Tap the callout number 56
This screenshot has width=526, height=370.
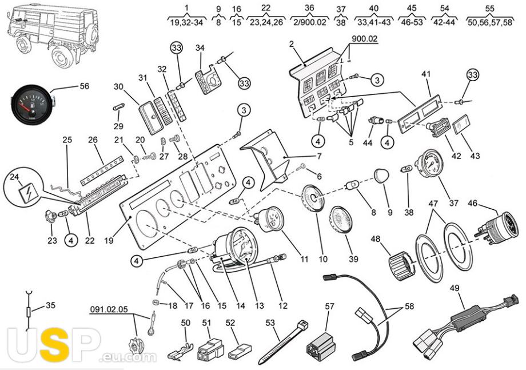(x=84, y=86)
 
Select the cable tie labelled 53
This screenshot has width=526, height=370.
(x=283, y=343)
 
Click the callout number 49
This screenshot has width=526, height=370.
(x=455, y=288)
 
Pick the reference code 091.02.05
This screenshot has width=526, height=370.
(x=109, y=309)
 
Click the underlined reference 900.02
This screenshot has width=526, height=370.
(x=364, y=38)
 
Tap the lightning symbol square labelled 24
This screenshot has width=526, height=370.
(x=25, y=192)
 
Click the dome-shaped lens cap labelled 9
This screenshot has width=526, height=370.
(x=381, y=176)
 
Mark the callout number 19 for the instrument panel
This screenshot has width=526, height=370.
(x=109, y=240)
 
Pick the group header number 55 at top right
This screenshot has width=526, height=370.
(x=489, y=8)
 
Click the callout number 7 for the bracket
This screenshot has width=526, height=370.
(x=319, y=156)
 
